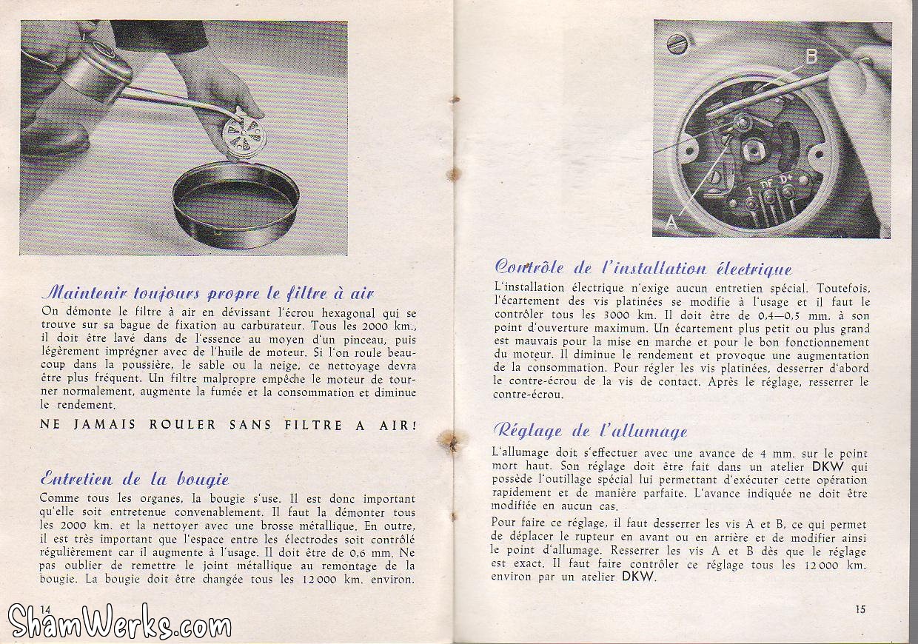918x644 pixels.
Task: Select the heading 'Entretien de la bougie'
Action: point(135,477)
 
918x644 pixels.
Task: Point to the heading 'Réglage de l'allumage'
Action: point(589,431)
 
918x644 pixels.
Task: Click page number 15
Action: point(859,609)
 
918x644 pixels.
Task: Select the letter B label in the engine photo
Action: point(811,57)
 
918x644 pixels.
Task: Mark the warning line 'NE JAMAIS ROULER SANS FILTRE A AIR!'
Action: point(228,426)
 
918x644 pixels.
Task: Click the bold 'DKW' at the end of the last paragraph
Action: point(637,577)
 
